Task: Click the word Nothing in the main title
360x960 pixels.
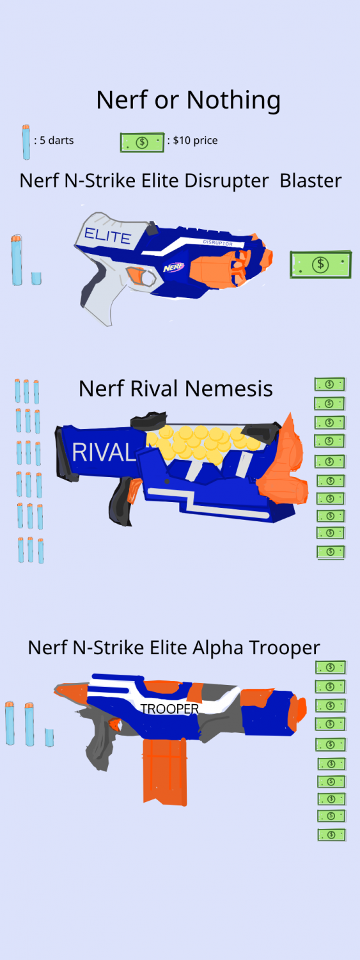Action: (x=233, y=101)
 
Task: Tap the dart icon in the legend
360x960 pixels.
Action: (x=26, y=142)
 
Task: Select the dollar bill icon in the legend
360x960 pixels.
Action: (x=142, y=142)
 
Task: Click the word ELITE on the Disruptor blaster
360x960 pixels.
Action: (x=107, y=236)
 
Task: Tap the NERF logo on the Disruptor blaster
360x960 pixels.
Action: (x=173, y=267)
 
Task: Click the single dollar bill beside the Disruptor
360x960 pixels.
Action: (x=320, y=264)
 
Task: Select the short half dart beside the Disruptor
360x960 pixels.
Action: (x=36, y=278)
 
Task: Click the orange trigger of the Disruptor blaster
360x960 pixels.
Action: (x=137, y=275)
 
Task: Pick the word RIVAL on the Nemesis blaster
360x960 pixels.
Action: (x=104, y=453)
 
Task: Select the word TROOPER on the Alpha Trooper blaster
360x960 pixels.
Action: (x=169, y=709)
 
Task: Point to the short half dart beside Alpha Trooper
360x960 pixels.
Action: (x=49, y=737)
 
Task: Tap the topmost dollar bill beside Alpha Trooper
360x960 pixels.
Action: (x=331, y=667)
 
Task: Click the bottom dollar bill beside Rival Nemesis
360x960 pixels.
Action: (x=331, y=552)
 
